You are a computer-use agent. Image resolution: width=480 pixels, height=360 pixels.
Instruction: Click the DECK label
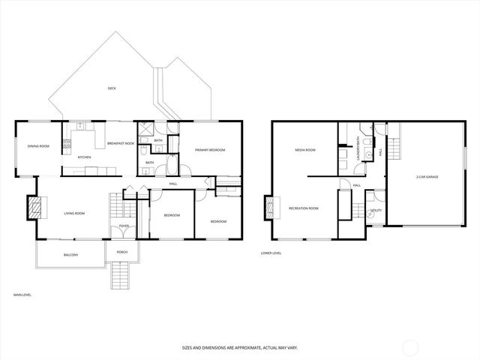pyautogui.click(x=112, y=88)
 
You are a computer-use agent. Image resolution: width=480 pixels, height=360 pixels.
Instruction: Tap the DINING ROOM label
pyautogui.click(x=38, y=145)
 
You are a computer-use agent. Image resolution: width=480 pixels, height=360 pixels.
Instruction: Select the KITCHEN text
pyautogui.click(x=85, y=157)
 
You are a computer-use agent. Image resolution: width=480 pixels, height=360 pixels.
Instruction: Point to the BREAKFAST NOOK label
pyautogui.click(x=121, y=143)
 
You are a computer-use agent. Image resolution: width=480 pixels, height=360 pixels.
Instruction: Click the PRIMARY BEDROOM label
pyautogui.click(x=211, y=150)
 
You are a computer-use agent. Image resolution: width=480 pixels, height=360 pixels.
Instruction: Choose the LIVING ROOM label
pyautogui.click(x=73, y=214)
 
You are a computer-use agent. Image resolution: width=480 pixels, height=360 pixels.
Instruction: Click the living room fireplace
pyautogui.click(x=34, y=206)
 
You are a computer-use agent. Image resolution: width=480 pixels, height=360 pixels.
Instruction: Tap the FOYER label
pyautogui.click(x=124, y=226)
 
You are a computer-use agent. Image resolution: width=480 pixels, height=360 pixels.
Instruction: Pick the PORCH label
pyautogui.click(x=122, y=251)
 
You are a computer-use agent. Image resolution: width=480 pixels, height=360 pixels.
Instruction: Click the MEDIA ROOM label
pyautogui.click(x=304, y=150)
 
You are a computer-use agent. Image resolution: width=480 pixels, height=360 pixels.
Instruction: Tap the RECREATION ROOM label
pyautogui.click(x=304, y=208)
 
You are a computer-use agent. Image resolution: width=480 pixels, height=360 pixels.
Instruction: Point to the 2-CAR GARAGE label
pyautogui.click(x=427, y=177)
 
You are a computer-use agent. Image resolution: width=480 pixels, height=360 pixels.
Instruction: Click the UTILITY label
pyautogui.click(x=376, y=211)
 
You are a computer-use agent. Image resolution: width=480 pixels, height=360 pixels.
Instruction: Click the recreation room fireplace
pyautogui.click(x=268, y=208)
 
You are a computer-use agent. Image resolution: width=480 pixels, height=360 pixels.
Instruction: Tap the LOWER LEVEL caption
pyautogui.click(x=271, y=253)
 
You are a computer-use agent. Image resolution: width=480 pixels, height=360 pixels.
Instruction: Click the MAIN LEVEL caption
pyautogui.click(x=22, y=295)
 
